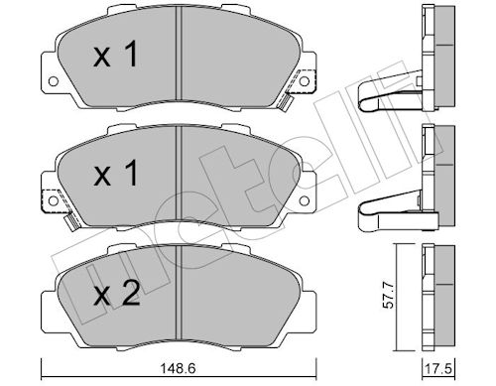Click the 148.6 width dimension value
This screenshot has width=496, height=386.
pyautogui.click(x=178, y=367)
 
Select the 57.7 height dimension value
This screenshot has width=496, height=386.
pyautogui.click(x=388, y=295)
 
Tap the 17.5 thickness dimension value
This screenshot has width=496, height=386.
pyautogui.click(x=438, y=369)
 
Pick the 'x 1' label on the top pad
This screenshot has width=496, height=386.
pyautogui.click(x=115, y=55)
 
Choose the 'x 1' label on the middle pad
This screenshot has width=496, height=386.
pyautogui.click(x=116, y=173)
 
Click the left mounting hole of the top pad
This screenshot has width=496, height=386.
pyautogui.click(x=53, y=80)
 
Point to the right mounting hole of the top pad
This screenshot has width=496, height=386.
pyautogui.click(x=305, y=80)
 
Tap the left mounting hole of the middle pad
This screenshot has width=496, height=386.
pyautogui.click(x=53, y=200)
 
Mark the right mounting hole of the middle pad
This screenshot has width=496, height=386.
pyautogui.click(x=305, y=200)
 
